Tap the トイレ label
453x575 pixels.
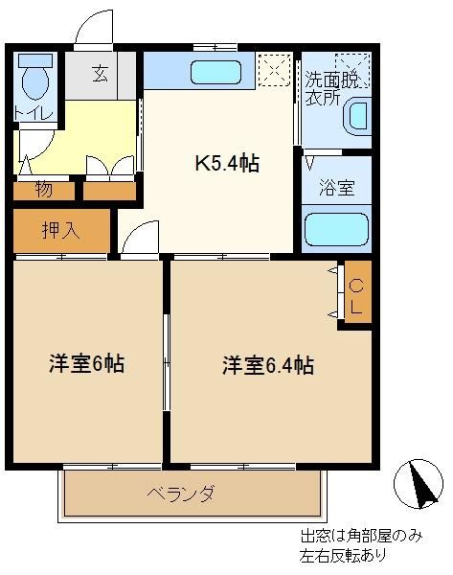(x=34, y=112)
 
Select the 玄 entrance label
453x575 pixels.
(x=100, y=74)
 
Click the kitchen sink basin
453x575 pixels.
(x=215, y=72)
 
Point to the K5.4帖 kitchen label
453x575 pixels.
(x=227, y=164)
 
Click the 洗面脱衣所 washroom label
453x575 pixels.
(x=331, y=88)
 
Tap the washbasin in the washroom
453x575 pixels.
(x=356, y=117)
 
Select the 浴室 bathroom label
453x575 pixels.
(x=336, y=188)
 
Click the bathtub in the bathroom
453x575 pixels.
(x=336, y=230)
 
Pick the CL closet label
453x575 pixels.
(x=356, y=296)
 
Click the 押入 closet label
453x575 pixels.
(x=61, y=231)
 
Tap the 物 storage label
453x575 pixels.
(x=44, y=190)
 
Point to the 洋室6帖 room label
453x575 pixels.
(x=86, y=364)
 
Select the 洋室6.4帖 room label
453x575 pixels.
(x=268, y=365)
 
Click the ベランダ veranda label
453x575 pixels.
(x=181, y=494)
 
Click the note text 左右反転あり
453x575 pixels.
(x=344, y=555)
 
